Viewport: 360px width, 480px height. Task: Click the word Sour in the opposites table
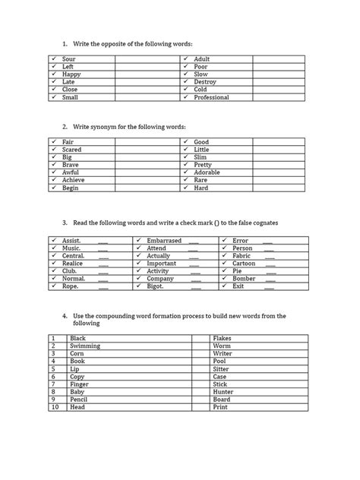pos(68,58)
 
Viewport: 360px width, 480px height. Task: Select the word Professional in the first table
pos(211,98)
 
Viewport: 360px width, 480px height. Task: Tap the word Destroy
pos(205,82)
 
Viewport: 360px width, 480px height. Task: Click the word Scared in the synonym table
pos(72,150)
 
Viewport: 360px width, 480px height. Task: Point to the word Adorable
pos(207,172)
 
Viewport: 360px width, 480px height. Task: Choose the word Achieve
pos(73,180)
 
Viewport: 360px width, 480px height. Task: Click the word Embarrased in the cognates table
pos(164,241)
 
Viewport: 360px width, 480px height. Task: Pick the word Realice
pos(73,264)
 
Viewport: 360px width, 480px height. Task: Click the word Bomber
pos(243,279)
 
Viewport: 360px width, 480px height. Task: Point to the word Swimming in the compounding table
pos(84,346)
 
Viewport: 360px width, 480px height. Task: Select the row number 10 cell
pos(54,406)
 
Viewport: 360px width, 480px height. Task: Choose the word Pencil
pos(78,399)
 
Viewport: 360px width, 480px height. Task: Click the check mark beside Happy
pos(55,74)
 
